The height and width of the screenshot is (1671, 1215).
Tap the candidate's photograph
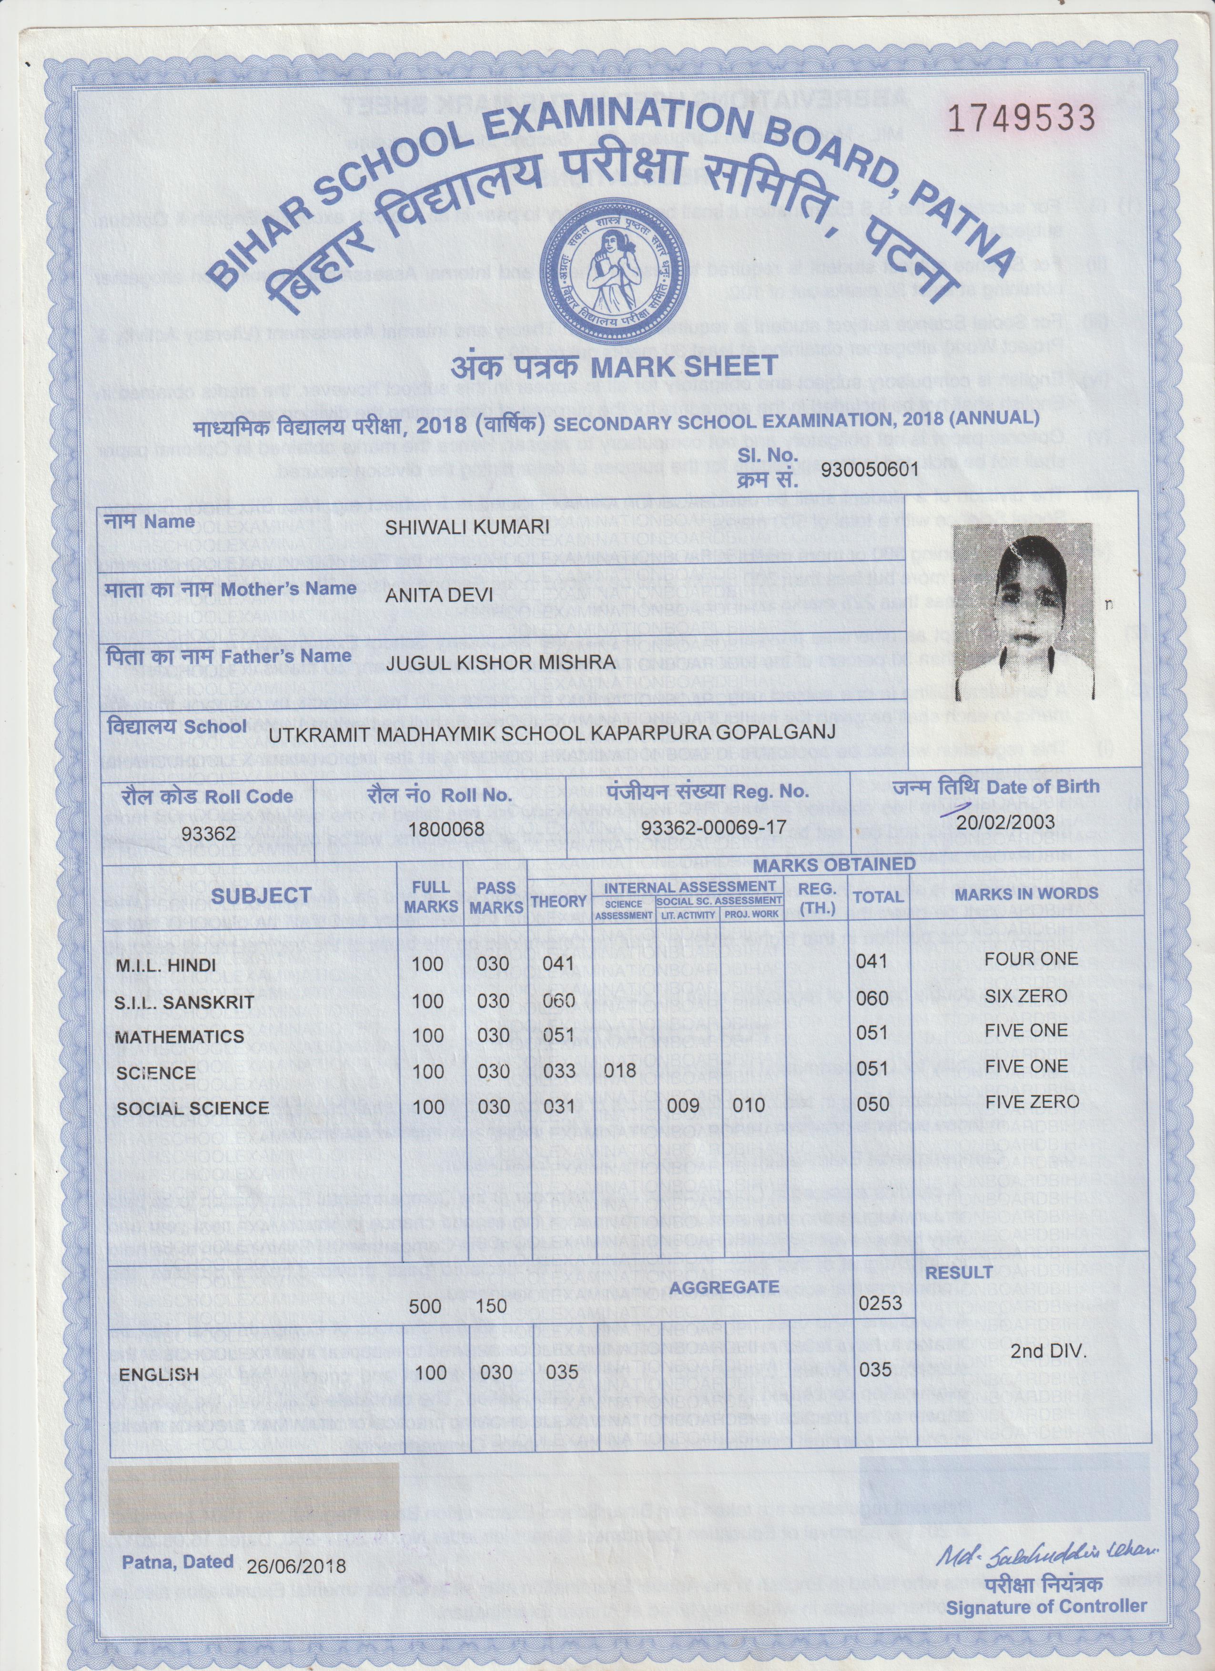click(x=1023, y=611)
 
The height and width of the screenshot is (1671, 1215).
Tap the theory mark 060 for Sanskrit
click(x=558, y=1000)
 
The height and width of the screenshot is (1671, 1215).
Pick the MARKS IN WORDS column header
click(x=1026, y=894)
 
